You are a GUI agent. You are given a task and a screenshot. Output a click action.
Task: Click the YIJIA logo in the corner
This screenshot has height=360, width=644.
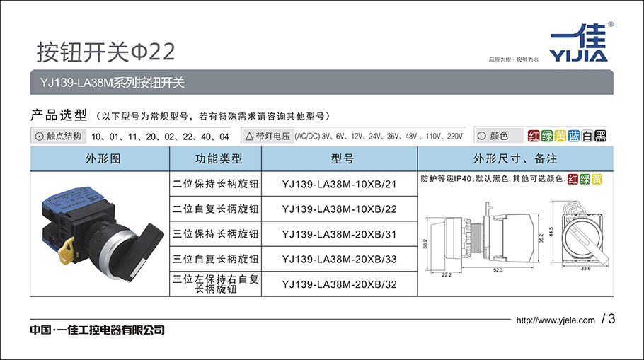tap(579, 42)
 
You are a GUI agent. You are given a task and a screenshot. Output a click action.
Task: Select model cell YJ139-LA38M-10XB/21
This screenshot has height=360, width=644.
tap(339, 185)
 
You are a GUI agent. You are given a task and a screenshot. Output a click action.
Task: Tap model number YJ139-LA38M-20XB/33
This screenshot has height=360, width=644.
tap(339, 260)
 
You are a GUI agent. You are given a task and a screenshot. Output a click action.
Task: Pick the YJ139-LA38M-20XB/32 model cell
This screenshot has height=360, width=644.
tap(339, 284)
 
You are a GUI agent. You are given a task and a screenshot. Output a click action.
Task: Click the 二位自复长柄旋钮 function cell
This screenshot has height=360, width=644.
tap(216, 209)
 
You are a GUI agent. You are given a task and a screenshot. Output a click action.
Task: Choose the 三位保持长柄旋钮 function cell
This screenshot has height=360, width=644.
tap(216, 234)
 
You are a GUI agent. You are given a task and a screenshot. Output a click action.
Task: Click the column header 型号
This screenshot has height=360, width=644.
tap(342, 159)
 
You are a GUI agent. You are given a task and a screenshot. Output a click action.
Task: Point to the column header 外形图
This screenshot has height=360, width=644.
tap(103, 159)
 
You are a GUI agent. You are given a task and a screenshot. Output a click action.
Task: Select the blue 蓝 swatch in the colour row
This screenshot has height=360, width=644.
tap(574, 136)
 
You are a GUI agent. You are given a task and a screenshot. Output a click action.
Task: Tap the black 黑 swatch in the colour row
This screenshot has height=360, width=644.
tap(600, 136)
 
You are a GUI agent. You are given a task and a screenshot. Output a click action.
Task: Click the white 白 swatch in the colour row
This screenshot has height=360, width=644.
tap(587, 136)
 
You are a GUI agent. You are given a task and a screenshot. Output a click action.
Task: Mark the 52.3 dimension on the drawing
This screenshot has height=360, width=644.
tap(498, 270)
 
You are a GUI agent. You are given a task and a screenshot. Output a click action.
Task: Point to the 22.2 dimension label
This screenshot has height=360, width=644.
tap(447, 274)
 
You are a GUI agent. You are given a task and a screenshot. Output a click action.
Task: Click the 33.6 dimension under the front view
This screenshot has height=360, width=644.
tap(586, 269)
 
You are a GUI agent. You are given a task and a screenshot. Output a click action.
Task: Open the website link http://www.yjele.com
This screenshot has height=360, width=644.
tap(556, 320)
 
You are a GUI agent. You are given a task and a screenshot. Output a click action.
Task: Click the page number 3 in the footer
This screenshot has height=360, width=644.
tap(611, 318)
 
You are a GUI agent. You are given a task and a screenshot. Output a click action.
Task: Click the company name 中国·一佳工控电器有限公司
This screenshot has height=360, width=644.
tap(98, 330)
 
